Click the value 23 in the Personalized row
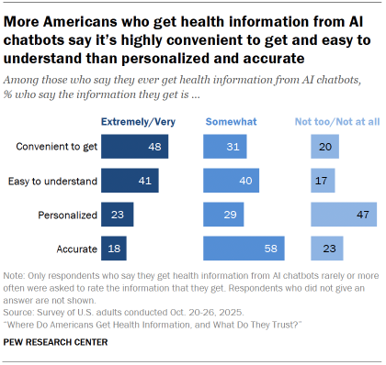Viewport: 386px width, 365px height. (x=117, y=214)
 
